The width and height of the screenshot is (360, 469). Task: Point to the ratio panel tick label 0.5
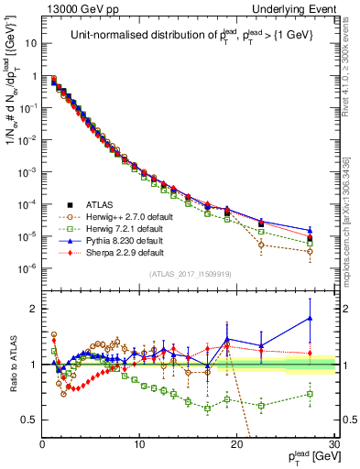(x=29, y=420)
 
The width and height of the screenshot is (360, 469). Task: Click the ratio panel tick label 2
(x=34, y=309)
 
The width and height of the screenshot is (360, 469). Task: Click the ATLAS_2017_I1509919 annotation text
(x=189, y=274)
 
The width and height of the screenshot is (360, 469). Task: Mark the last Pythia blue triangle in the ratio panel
(x=310, y=318)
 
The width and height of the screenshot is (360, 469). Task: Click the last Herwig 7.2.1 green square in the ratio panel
(x=310, y=394)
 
